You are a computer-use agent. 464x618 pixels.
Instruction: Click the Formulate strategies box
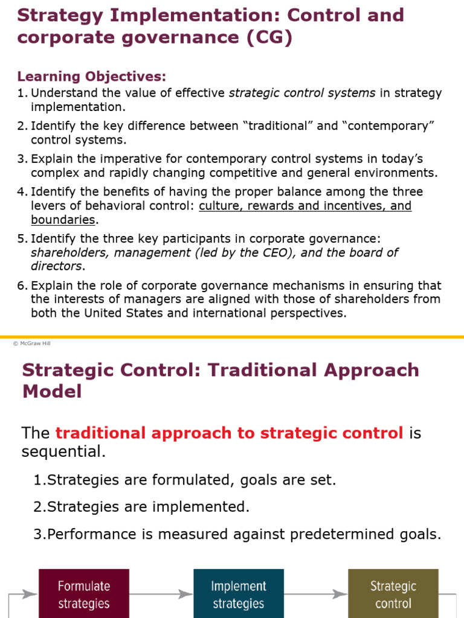point(84,594)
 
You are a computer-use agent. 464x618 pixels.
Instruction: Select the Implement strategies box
point(239,594)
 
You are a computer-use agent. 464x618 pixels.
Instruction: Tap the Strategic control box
point(393,594)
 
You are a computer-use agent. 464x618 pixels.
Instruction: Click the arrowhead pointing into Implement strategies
point(186,594)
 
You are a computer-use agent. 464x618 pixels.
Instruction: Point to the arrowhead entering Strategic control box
point(341,594)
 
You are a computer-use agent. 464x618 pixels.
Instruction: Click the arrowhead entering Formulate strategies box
point(31,594)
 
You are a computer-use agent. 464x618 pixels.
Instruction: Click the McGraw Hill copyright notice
point(32,343)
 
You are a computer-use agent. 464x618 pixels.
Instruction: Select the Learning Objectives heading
point(92,76)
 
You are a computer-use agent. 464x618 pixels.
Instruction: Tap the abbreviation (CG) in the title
point(269,37)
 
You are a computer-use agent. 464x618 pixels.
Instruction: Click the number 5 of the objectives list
point(21,239)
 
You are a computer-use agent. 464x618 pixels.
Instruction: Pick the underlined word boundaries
point(63,220)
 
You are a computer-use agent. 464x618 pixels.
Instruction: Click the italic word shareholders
point(69,253)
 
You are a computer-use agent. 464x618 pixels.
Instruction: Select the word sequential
point(63,451)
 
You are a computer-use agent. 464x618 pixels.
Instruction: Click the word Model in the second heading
point(52,391)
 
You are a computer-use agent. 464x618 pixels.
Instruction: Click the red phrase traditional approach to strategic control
point(229,433)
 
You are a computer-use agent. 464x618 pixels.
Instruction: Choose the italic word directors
point(57,266)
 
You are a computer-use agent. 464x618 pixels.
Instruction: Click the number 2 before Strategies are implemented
point(37,507)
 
